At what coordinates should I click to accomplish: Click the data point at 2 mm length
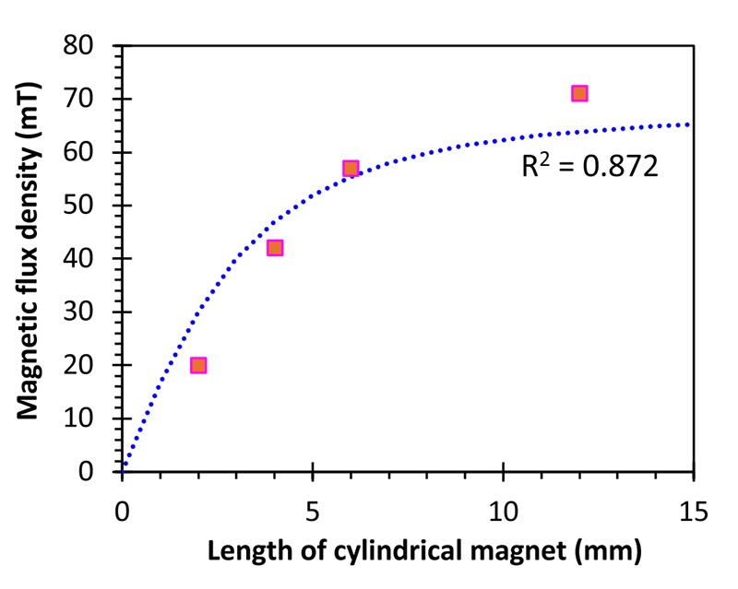198,365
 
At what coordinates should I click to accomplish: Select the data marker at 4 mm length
275,248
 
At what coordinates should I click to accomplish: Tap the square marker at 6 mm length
351,169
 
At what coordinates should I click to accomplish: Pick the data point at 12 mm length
579,93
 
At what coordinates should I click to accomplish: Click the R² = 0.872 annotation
589,168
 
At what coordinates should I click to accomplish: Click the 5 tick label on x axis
313,509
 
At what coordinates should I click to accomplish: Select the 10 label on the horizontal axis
504,509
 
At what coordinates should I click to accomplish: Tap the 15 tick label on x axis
694,509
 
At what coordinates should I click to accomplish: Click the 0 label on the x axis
122,509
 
